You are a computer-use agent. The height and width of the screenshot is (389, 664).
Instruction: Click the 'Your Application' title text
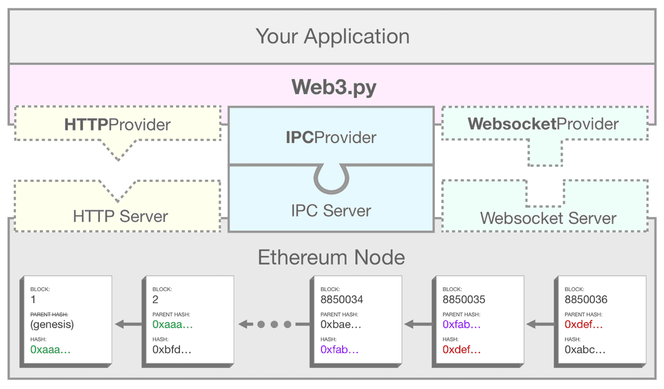pyautogui.click(x=333, y=37)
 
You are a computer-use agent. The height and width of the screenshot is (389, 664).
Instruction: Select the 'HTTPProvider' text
pyautogui.click(x=117, y=124)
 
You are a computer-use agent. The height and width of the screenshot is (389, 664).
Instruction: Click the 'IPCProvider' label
pyautogui.click(x=331, y=137)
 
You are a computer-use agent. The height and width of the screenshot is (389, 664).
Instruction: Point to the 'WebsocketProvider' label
pyautogui.click(x=543, y=124)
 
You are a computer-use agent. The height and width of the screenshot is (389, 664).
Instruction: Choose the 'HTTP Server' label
pyautogui.click(x=120, y=216)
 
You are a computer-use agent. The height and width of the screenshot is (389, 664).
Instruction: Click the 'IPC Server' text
pyautogui.click(x=331, y=211)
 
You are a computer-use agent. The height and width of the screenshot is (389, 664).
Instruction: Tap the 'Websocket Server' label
pyautogui.click(x=548, y=218)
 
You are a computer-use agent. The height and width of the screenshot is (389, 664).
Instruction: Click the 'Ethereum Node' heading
pyautogui.click(x=331, y=257)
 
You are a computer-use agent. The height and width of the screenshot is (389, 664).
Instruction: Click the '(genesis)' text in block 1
pyautogui.click(x=52, y=324)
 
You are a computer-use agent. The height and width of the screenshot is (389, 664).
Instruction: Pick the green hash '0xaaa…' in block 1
pyautogui.click(x=50, y=350)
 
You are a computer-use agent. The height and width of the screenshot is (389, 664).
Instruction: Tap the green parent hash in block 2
pyautogui.click(x=172, y=324)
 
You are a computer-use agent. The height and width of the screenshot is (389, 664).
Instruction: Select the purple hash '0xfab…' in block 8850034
pyautogui.click(x=340, y=350)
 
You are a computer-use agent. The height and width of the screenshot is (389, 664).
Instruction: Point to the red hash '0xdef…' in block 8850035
pyautogui.click(x=461, y=350)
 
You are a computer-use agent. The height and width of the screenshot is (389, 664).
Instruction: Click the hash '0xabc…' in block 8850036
pyautogui.click(x=585, y=350)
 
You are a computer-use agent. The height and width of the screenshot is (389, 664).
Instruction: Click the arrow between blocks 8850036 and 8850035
pyautogui.click(x=539, y=324)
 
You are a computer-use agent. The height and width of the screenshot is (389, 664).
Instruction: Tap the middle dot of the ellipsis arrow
pyautogui.click(x=274, y=324)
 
